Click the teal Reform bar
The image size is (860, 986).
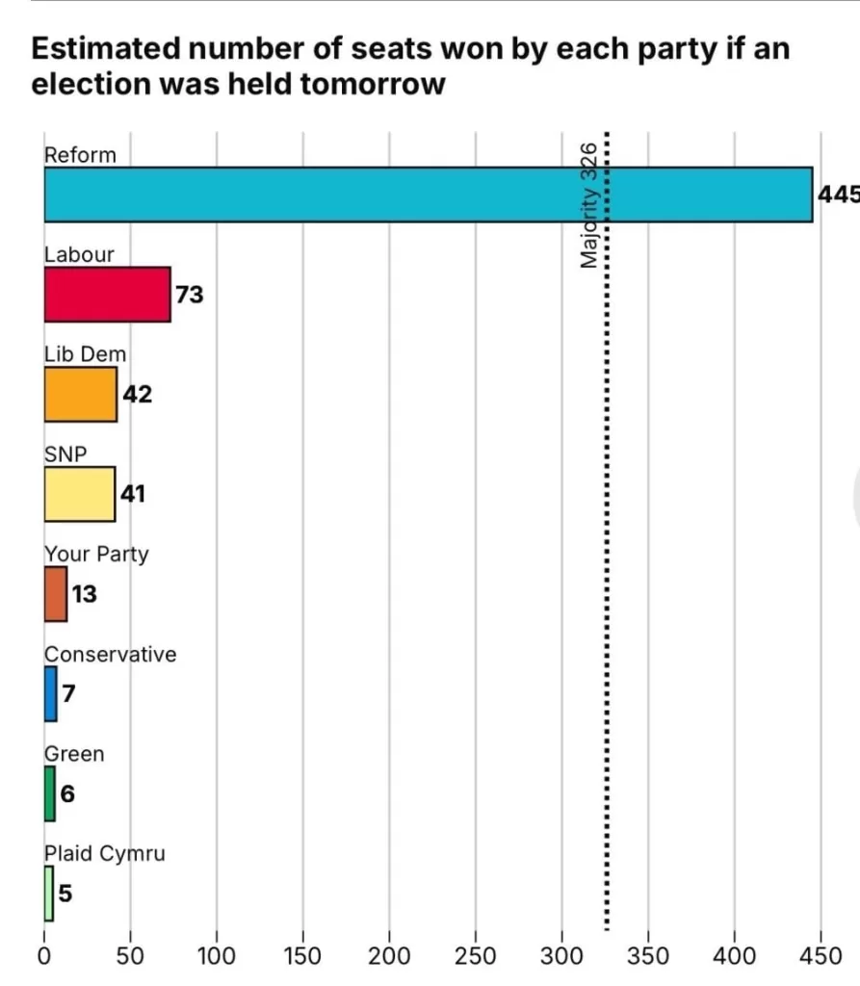428,195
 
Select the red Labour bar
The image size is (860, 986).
107,294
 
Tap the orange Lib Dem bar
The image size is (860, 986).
80,394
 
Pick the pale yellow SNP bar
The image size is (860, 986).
79,494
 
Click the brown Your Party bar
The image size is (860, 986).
55,594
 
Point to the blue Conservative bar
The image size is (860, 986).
50,693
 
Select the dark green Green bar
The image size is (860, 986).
49,793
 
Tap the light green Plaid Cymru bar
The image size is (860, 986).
48,894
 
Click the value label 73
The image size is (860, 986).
190,295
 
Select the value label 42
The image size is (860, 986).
137,394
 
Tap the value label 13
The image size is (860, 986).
84,594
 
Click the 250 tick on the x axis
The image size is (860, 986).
476,956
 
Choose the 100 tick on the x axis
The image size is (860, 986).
217,956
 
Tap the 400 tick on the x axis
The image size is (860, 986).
735,956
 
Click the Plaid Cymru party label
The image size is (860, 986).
104,854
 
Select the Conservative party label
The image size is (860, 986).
110,655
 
